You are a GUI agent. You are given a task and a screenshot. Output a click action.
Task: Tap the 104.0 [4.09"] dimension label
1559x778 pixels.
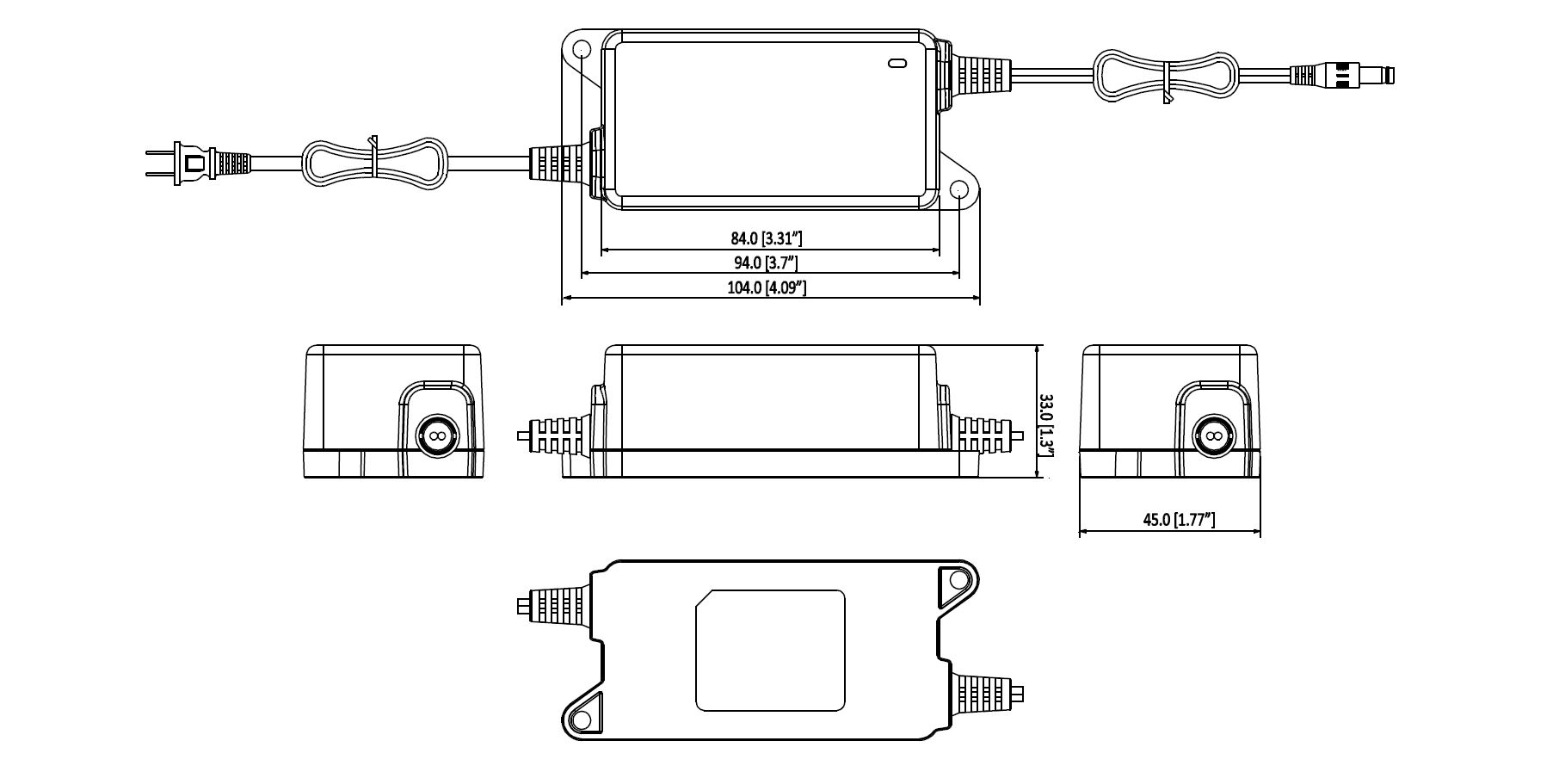click(x=766, y=287)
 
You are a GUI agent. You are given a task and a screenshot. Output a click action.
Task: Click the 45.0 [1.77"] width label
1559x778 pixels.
click(x=1178, y=519)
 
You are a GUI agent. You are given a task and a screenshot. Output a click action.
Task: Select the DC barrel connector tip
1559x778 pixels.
click(x=1376, y=74)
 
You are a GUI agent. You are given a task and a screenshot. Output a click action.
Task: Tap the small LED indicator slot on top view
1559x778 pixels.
click(x=897, y=62)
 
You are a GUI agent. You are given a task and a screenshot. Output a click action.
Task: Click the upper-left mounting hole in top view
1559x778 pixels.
click(x=581, y=47)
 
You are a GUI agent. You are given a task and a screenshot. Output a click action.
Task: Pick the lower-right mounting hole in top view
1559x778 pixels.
click(x=958, y=190)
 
